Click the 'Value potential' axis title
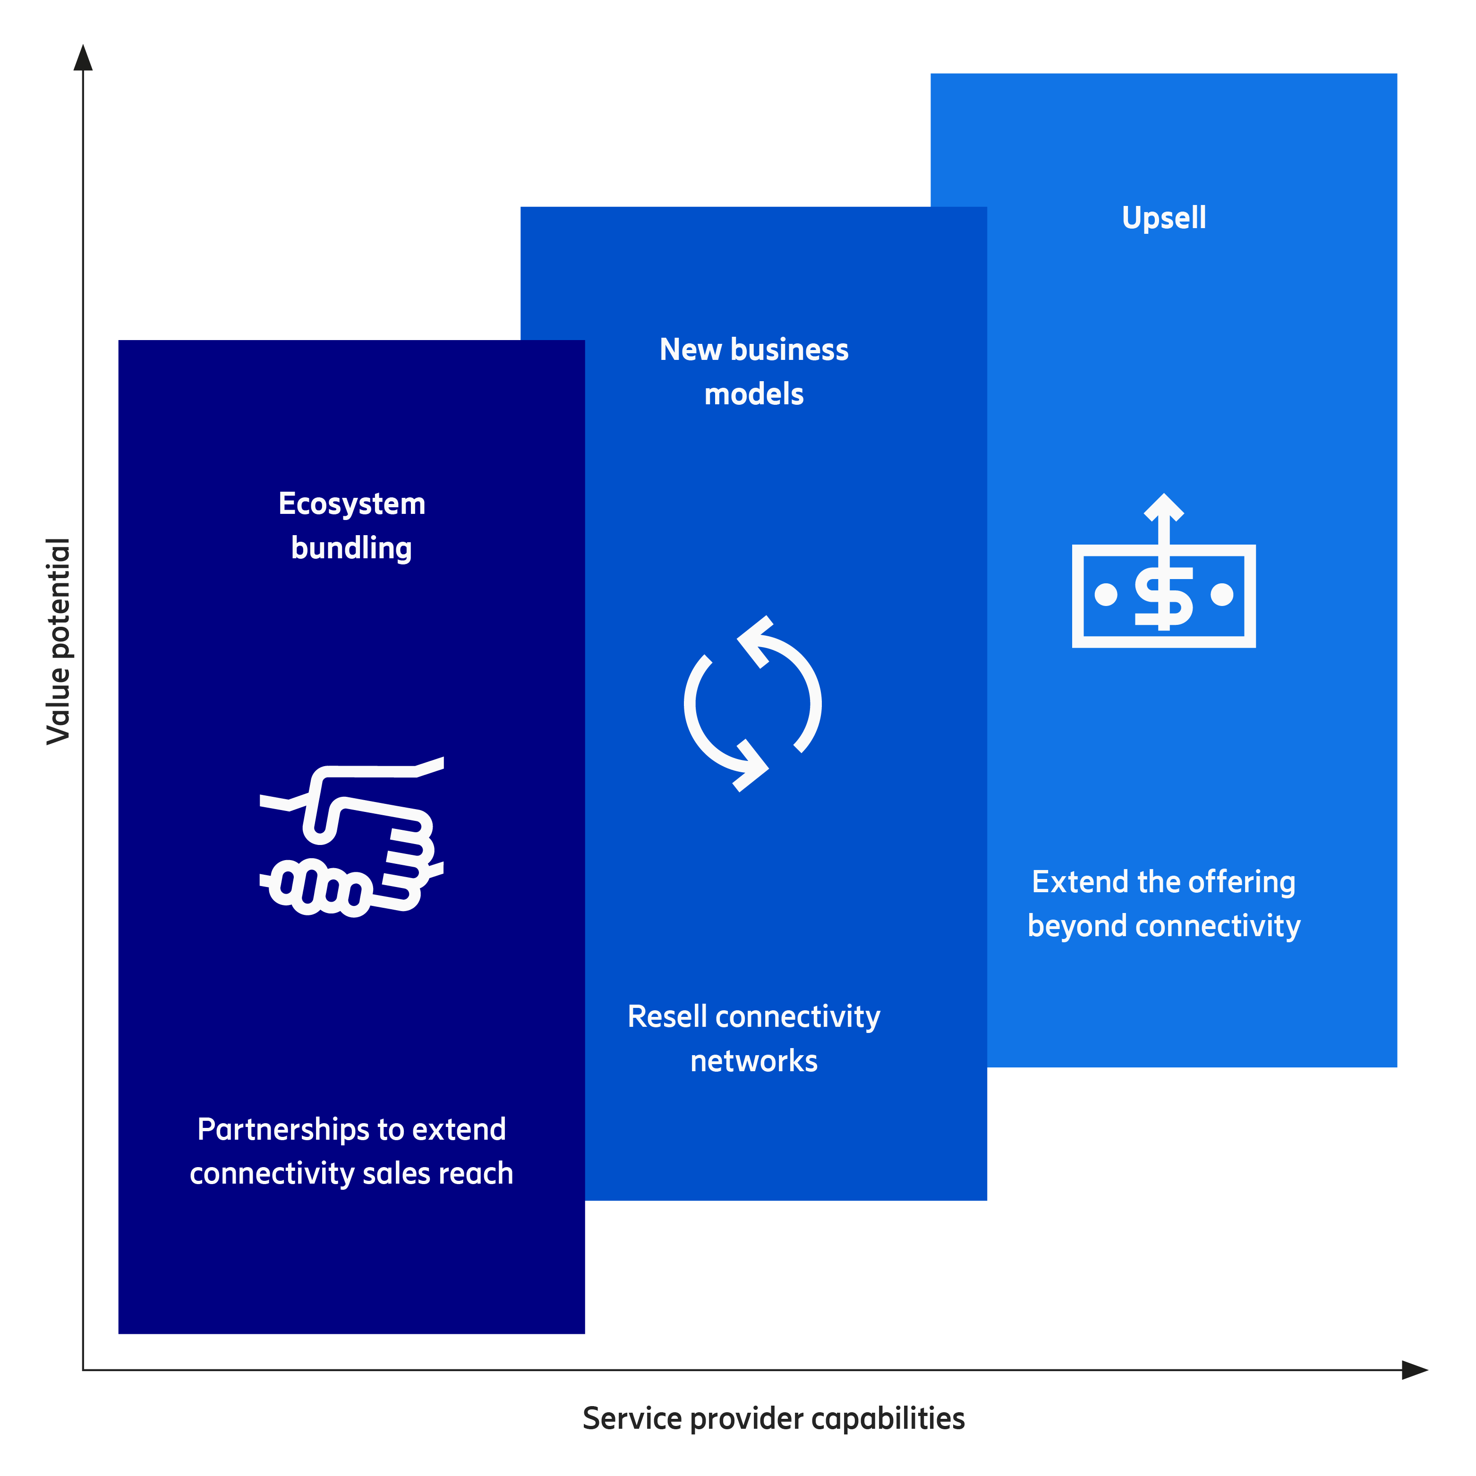click(59, 641)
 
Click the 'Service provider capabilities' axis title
click(773, 1419)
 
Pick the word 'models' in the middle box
click(754, 394)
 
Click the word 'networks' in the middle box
click(754, 1061)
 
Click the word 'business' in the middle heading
click(790, 350)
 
